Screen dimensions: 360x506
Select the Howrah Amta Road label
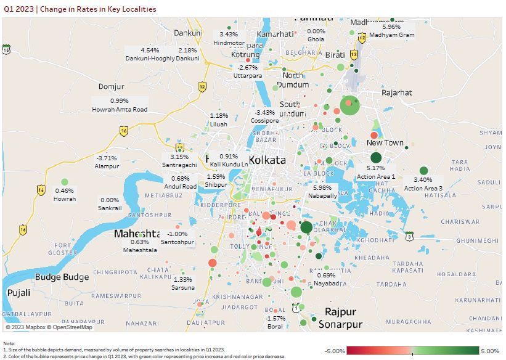click(x=120, y=109)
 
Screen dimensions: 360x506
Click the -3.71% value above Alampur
click(x=106, y=158)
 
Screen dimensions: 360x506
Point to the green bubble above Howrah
click(x=65, y=182)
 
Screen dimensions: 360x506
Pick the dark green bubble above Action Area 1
click(x=376, y=158)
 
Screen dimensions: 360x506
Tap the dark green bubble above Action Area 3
click(x=423, y=171)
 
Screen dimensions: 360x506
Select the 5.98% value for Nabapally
click(x=322, y=188)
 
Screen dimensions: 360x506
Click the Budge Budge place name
click(x=62, y=277)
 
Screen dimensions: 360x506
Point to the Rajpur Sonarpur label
click(x=340, y=318)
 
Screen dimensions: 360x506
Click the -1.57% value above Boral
click(x=275, y=318)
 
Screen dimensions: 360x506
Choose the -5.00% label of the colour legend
click(x=335, y=351)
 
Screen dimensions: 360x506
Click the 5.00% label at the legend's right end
click(x=490, y=351)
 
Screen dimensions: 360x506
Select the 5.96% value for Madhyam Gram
click(x=391, y=27)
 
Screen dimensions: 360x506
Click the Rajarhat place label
click(x=396, y=92)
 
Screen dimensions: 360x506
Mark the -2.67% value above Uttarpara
click(x=248, y=67)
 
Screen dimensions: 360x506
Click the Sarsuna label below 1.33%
click(x=183, y=288)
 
